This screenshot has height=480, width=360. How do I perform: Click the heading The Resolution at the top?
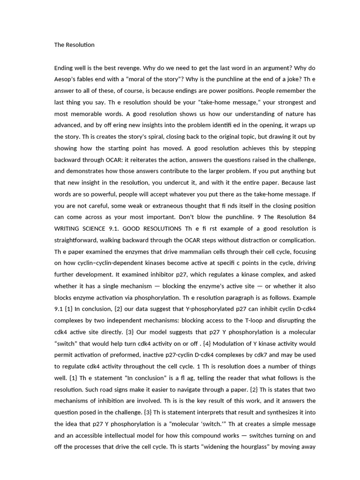tap(75, 45)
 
